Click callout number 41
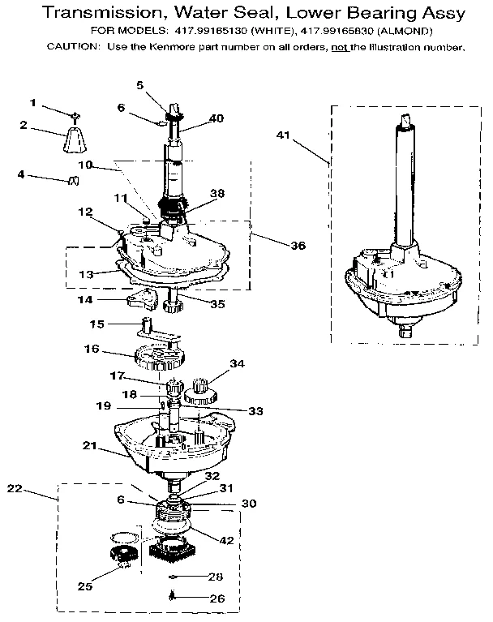pos(282,134)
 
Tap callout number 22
pos(14,488)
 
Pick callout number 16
pos(91,350)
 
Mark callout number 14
pos(84,299)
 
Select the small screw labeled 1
pos(74,115)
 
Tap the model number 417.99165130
pos(206,31)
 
